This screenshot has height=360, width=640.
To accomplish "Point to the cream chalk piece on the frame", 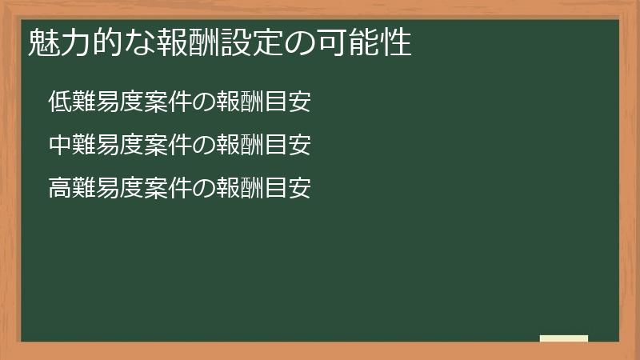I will point(564,338).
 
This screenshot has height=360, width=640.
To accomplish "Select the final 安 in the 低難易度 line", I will point(300,102).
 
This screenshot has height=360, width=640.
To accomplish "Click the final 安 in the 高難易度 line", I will point(300,188).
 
